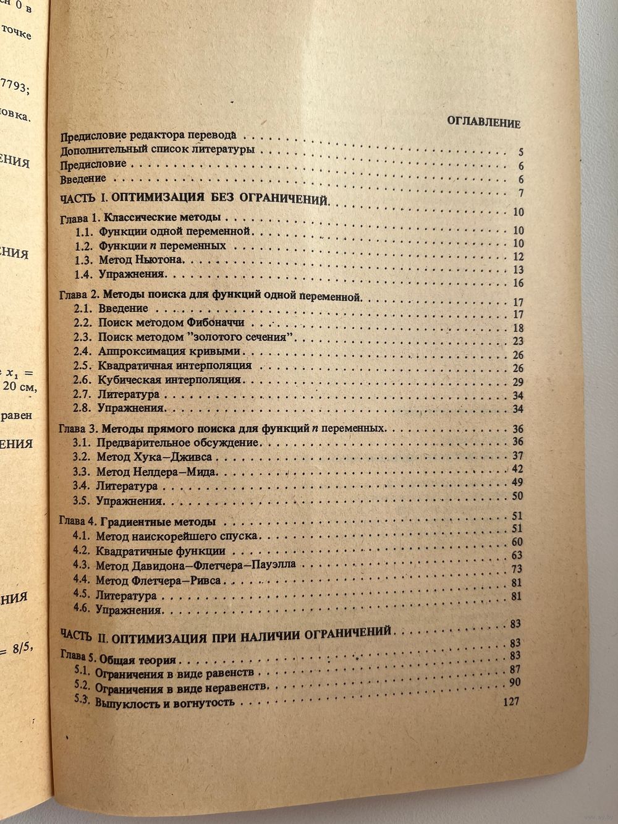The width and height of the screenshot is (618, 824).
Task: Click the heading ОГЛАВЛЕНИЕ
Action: click(483, 122)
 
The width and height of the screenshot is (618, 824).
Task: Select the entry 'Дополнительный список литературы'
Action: click(158, 150)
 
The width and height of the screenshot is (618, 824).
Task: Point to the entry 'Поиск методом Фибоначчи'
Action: click(171, 323)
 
